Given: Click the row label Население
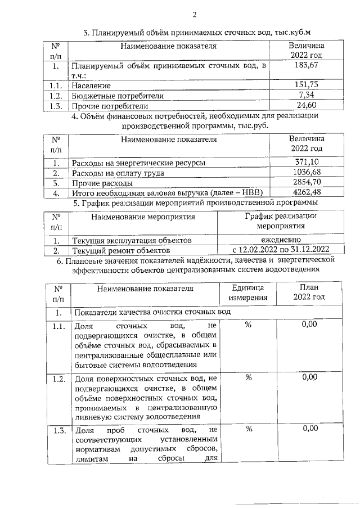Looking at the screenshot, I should pos(91,85).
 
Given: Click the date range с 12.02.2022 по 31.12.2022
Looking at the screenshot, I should pos(280,250).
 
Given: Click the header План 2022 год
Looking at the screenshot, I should pos(309,292).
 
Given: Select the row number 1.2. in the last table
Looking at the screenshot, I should pos(56,378).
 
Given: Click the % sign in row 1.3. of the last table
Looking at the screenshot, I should pos(247,430).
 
